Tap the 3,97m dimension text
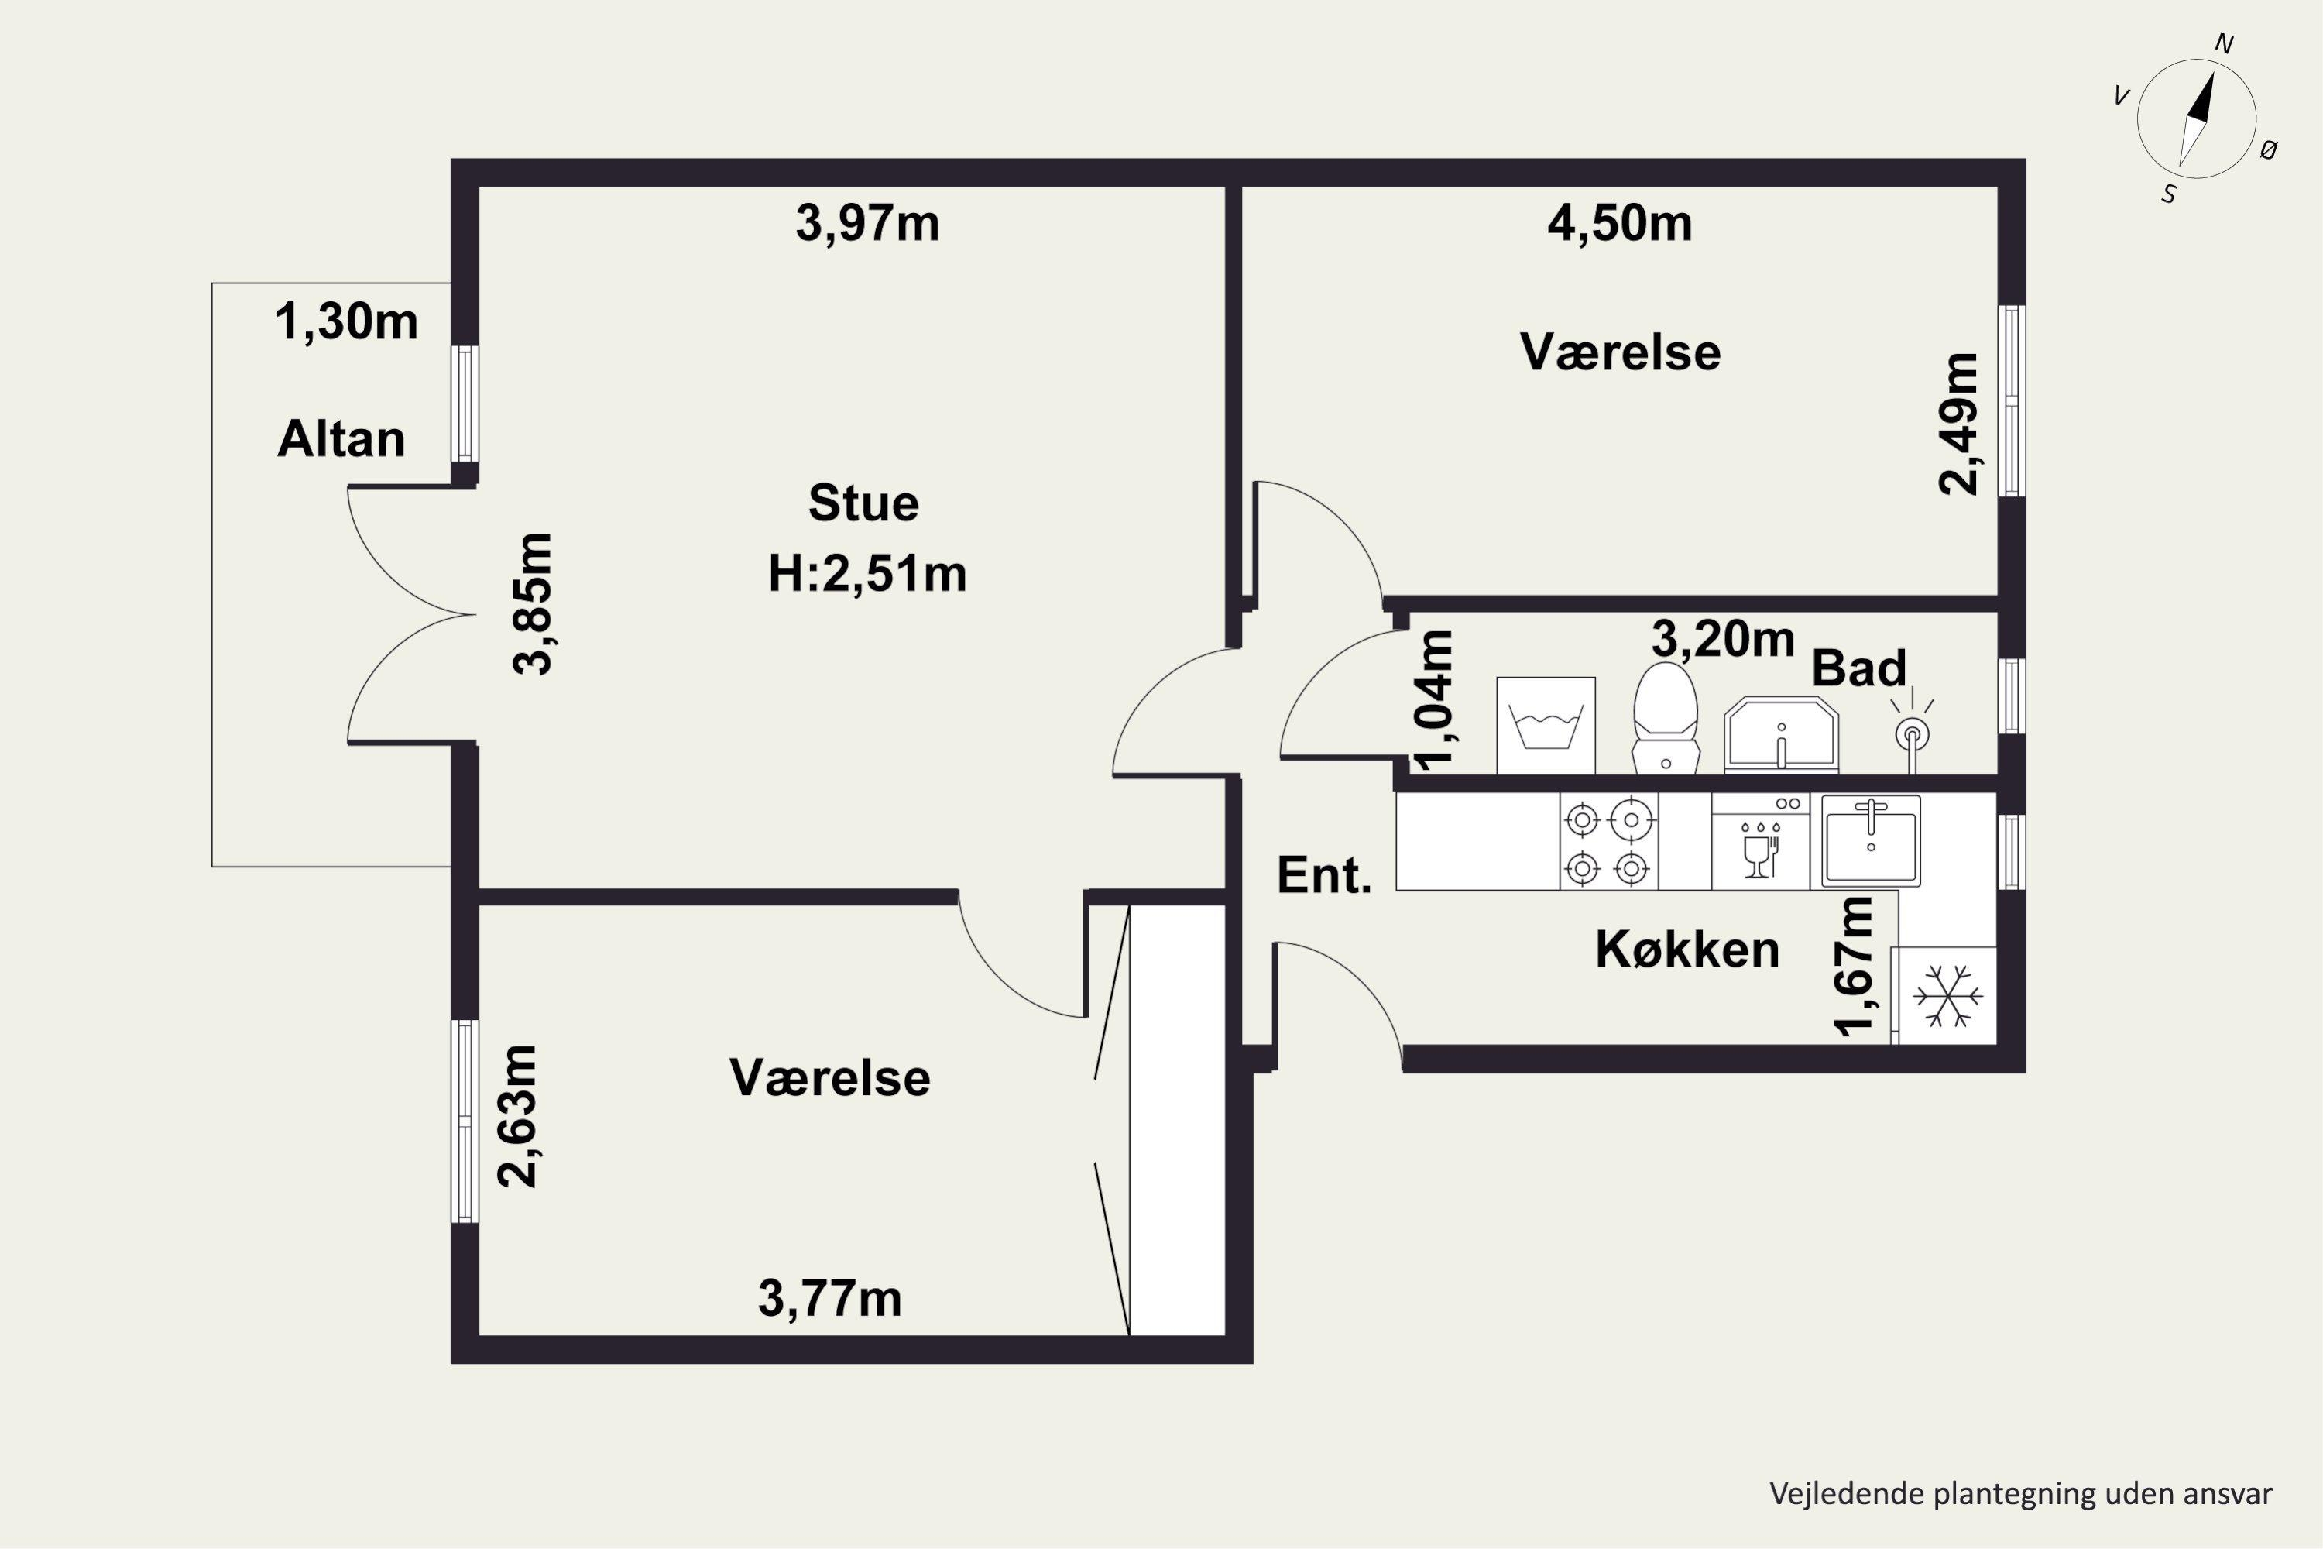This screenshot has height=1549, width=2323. pyautogui.click(x=867, y=223)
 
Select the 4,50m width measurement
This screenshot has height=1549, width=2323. pyautogui.click(x=1620, y=223)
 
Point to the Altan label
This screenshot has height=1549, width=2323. pyautogui.click(x=341, y=438)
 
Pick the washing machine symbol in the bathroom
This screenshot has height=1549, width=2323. pyautogui.click(x=1546, y=725)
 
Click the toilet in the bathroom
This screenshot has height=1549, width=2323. pyautogui.click(x=1666, y=718)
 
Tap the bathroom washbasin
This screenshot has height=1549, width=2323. pyautogui.click(x=1781, y=735)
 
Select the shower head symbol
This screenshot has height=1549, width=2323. pyautogui.click(x=1912, y=731)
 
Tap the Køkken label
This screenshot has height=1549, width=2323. pyautogui.click(x=1687, y=950)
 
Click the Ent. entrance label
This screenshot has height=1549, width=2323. pyautogui.click(x=1324, y=875)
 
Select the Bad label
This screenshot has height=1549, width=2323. pyautogui.click(x=1859, y=669)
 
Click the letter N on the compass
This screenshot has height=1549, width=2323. pyautogui.click(x=2224, y=43)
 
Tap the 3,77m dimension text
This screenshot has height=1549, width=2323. pyautogui.click(x=829, y=1298)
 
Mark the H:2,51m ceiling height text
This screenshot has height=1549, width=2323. pyautogui.click(x=867, y=574)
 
